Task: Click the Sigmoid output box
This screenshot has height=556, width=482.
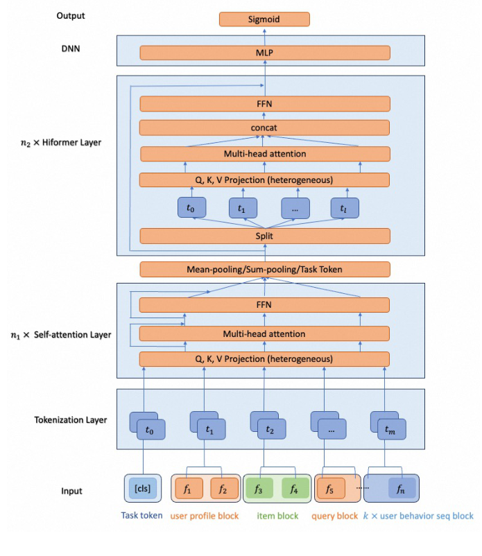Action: point(264,19)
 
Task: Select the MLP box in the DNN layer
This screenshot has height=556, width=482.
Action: point(264,53)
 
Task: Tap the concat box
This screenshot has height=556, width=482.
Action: point(264,128)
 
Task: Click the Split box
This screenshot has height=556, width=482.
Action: point(264,236)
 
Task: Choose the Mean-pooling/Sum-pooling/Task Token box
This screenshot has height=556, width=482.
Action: point(264,270)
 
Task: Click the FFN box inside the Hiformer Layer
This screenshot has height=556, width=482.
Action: point(264,104)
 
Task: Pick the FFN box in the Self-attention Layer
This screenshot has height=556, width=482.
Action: point(264,305)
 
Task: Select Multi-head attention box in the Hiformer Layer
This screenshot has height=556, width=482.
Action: point(264,154)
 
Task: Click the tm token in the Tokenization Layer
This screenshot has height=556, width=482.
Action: point(391,430)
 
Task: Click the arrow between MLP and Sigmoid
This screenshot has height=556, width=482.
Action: point(264,36)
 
